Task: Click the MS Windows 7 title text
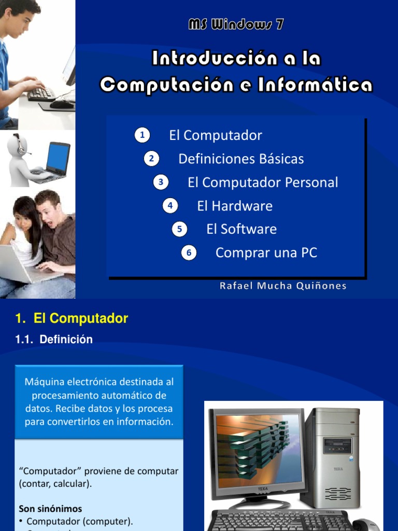(236, 25)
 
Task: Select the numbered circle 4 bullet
(170, 206)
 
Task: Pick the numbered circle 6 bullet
(189, 253)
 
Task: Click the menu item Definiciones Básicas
(241, 159)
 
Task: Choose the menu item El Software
(241, 229)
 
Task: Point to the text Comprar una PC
(266, 253)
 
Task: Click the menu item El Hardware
(235, 206)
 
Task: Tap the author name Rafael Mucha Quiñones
(283, 286)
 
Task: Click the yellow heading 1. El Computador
(72, 318)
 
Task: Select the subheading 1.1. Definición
(54, 340)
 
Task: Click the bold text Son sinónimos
(50, 509)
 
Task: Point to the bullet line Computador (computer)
(80, 521)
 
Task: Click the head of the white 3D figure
(18, 145)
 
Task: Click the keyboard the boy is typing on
(41, 93)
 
